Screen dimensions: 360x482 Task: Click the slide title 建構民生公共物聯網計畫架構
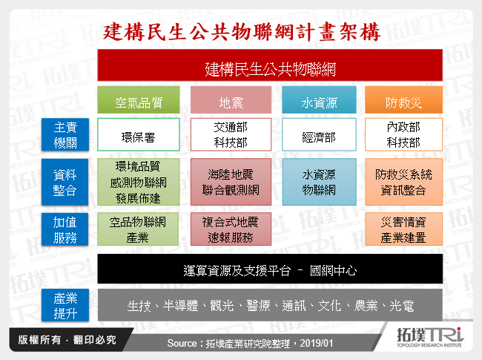point(242,32)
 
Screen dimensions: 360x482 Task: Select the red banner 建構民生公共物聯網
point(270,69)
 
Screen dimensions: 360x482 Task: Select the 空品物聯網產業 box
point(139,229)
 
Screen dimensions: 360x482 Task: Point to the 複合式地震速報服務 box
point(231,229)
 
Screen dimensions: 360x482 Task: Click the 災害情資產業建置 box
point(403,229)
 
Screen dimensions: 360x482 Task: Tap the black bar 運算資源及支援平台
point(270,269)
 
